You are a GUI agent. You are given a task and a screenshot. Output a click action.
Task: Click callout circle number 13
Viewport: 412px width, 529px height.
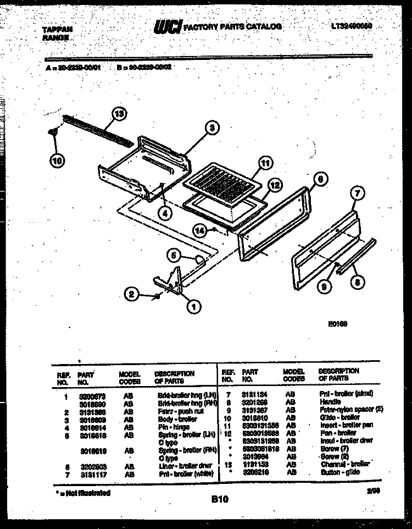click(x=118, y=114)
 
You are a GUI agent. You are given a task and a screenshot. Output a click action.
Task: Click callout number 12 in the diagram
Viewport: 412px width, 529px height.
click(x=275, y=185)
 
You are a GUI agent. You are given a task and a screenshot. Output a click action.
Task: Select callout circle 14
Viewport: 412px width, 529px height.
click(x=201, y=232)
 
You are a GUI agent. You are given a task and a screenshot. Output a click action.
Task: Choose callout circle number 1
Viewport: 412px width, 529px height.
click(x=193, y=307)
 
